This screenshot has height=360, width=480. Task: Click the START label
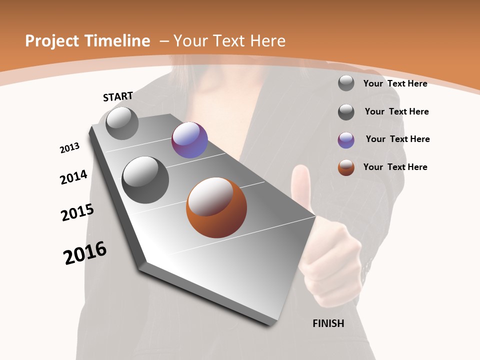pyautogui.click(x=118, y=96)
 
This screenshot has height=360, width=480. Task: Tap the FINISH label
pyautogui.click(x=328, y=323)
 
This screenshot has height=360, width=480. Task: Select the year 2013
pyautogui.click(x=69, y=148)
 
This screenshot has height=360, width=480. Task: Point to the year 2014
pyautogui.click(x=73, y=177)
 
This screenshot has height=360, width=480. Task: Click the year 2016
pyautogui.click(x=85, y=253)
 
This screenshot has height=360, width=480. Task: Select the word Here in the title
pyautogui.click(x=267, y=41)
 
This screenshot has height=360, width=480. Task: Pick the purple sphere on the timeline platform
pyautogui.click(x=189, y=140)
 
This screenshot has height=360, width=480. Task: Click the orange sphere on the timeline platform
pyautogui.click(x=216, y=207)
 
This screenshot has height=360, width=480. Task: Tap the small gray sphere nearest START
pyautogui.click(x=122, y=123)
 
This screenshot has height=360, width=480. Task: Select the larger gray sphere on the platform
pyautogui.click(x=145, y=179)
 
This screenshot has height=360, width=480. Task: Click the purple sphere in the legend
pyautogui.click(x=346, y=140)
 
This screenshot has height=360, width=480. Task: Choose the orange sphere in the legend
pyautogui.click(x=346, y=167)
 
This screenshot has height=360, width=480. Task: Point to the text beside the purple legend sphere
pyautogui.click(x=397, y=139)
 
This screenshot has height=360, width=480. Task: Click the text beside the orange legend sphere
pyautogui.click(x=395, y=167)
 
